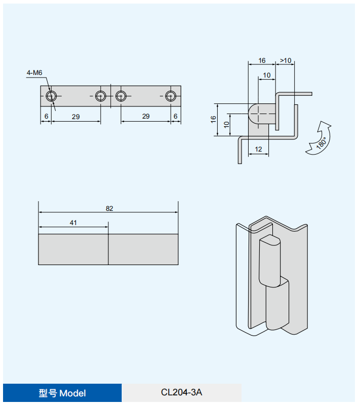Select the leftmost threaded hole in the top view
coord(51,96)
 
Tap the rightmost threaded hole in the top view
coord(171,96)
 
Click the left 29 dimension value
coord(75,117)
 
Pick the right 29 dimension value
coord(146,117)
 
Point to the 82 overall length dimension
coord(109,208)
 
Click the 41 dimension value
coord(73,223)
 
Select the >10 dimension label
coord(286,61)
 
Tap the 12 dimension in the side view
coord(258,149)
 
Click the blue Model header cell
coord(62,393)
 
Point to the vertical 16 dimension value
coord(214,119)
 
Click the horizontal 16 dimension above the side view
coord(261,61)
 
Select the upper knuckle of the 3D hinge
coord(269,261)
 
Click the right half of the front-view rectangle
coord(143,249)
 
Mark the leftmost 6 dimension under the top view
coord(46,117)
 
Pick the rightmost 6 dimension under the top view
coord(175,117)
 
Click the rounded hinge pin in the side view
coord(261,115)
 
